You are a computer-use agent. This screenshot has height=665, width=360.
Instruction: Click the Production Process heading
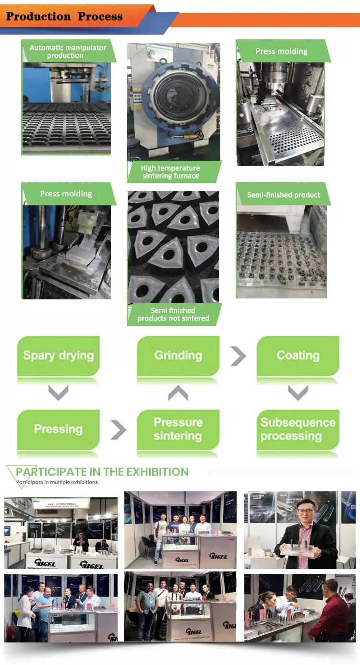pyautogui.click(x=64, y=17)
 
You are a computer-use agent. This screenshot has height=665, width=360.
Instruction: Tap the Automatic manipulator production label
pyautogui.click(x=67, y=51)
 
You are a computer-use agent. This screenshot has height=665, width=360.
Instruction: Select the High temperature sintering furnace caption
pyautogui.click(x=170, y=172)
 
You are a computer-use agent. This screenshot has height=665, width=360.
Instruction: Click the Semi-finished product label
pyautogui.click(x=283, y=195)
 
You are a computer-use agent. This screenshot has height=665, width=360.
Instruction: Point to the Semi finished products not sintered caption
pyautogui.click(x=173, y=314)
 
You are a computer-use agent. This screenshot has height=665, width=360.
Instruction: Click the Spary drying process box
pyautogui.click(x=59, y=356)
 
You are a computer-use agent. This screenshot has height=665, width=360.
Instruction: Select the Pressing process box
pyautogui.click(x=59, y=429)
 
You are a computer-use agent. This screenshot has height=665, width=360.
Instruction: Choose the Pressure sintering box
pyautogui.click(x=178, y=429)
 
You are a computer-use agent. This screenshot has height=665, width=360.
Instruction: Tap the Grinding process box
pyautogui.click(x=178, y=356)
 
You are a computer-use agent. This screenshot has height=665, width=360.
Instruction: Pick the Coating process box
pyautogui.click(x=298, y=356)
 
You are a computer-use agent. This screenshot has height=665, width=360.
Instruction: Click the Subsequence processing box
pyautogui.click(x=298, y=429)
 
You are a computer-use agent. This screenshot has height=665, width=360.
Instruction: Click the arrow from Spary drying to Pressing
pyautogui.click(x=59, y=393)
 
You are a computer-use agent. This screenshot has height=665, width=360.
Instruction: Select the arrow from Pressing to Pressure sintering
pyautogui.click(x=118, y=429)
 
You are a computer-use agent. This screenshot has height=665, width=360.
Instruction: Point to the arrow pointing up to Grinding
pyautogui.click(x=178, y=393)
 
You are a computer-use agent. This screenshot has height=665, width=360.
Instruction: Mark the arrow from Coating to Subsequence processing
pyautogui.click(x=298, y=393)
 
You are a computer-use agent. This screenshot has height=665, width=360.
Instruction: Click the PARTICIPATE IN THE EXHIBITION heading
pyautogui.click(x=102, y=472)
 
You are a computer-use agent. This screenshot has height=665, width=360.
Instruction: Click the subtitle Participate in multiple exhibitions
pyautogui.click(x=57, y=482)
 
